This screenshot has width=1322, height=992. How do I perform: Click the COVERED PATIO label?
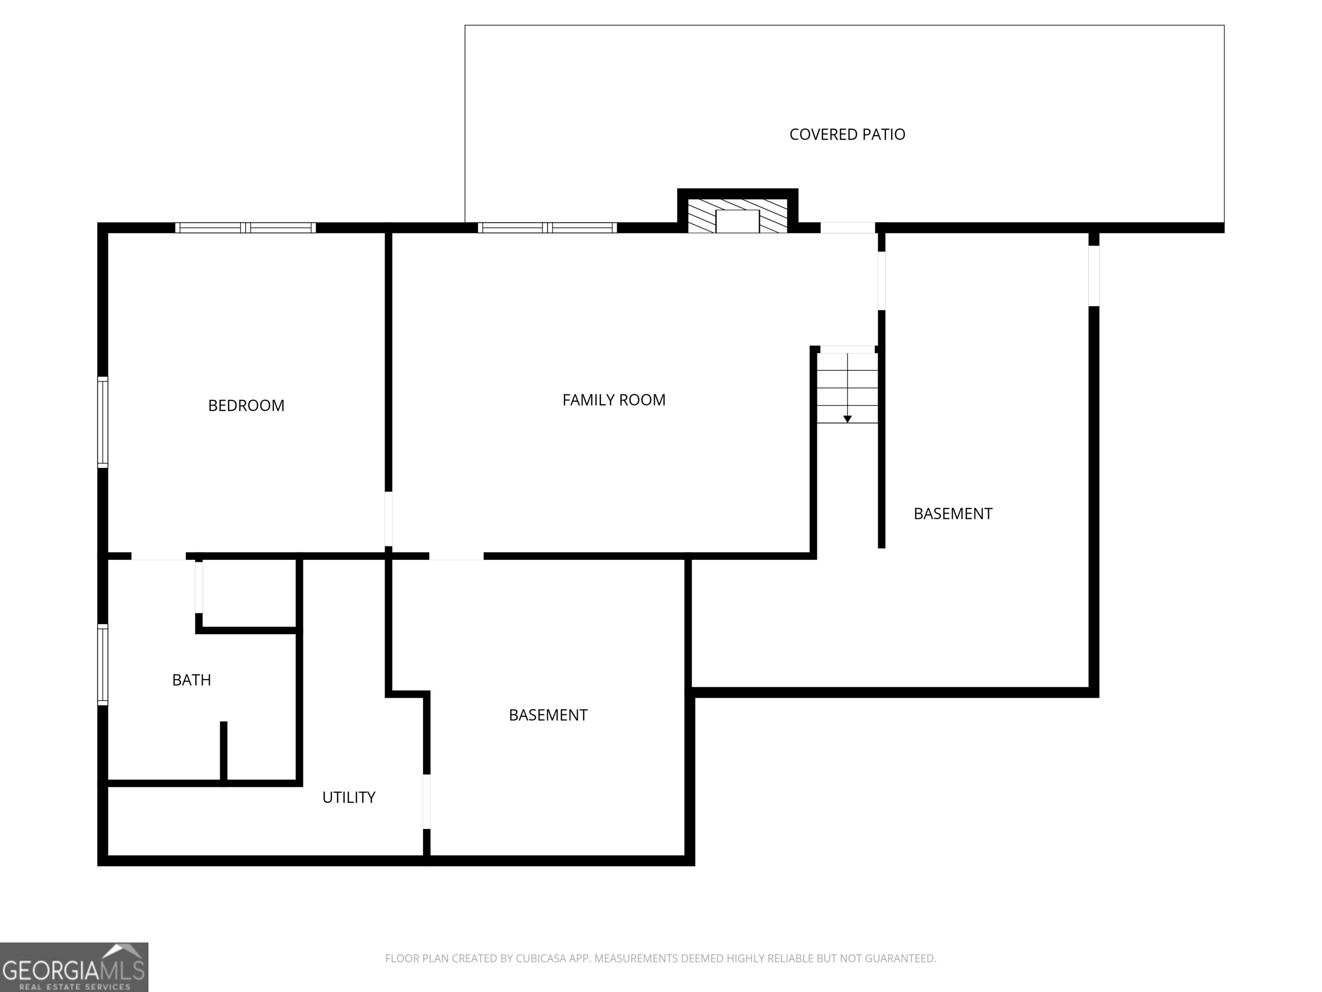[x=847, y=134]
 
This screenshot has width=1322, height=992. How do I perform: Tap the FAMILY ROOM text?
[x=614, y=400]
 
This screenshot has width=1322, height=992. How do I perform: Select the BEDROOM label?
[x=246, y=406]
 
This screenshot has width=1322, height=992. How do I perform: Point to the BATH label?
[x=191, y=680]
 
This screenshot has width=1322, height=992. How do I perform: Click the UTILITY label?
[x=349, y=797]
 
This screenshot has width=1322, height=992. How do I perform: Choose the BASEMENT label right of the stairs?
[x=953, y=514]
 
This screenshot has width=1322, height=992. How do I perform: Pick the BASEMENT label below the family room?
[x=548, y=715]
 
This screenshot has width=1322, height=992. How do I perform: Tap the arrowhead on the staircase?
[x=847, y=419]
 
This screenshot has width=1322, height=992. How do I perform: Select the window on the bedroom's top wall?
[x=246, y=228]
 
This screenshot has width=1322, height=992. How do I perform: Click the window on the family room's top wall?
[x=547, y=228]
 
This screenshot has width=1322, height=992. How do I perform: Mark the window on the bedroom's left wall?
[x=103, y=422]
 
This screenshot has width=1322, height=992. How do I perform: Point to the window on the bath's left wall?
[x=103, y=664]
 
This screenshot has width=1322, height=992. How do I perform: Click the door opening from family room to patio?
[x=847, y=228]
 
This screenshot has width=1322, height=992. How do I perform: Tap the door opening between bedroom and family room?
[x=389, y=518]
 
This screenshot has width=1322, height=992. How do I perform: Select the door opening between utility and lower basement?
[x=427, y=801]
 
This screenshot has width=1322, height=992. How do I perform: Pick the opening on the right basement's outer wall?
[x=1093, y=276]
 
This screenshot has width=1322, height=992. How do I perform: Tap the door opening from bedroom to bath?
[x=158, y=556]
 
